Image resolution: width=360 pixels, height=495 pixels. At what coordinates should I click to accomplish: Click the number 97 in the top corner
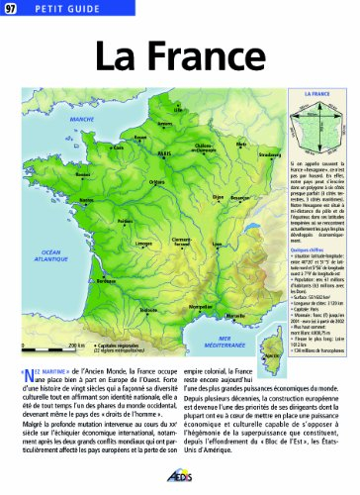pos(11,10)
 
